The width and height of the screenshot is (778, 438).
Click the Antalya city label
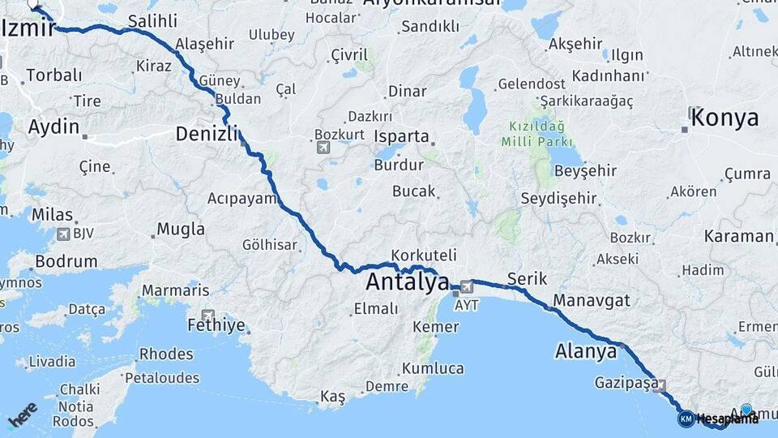(x=407, y=282)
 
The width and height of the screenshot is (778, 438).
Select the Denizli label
(x=207, y=133)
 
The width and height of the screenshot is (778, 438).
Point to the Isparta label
(x=402, y=136)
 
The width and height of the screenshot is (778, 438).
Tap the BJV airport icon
(x=62, y=234)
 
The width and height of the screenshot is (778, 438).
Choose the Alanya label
(x=586, y=351)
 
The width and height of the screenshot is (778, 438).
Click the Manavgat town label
(x=591, y=299)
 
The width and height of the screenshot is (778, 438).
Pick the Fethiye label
(x=216, y=326)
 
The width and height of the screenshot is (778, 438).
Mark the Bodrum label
(x=66, y=262)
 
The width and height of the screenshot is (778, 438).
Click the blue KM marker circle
(x=686, y=419)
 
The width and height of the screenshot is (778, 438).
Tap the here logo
(x=24, y=419)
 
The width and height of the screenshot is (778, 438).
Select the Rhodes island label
(x=166, y=354)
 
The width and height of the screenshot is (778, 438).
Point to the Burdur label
(x=399, y=165)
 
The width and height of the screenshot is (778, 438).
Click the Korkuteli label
(x=424, y=255)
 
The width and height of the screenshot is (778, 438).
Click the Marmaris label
(x=175, y=290)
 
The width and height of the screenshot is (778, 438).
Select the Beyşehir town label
(x=585, y=170)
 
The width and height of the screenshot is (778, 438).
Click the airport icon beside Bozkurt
(x=323, y=148)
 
